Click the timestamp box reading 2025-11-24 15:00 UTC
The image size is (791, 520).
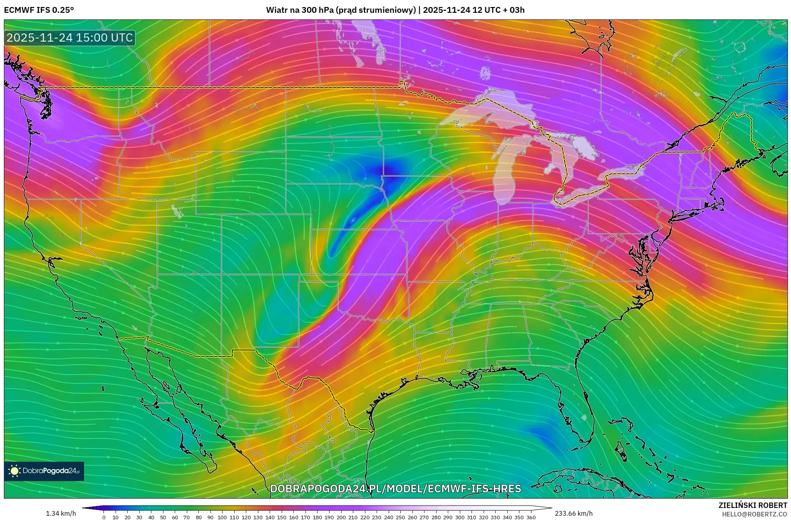pos(70,38)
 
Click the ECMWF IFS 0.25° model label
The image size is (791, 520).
pos(39,10)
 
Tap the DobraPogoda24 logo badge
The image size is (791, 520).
pos(44,471)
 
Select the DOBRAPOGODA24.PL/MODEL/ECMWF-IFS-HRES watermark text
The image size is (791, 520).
pos(395,489)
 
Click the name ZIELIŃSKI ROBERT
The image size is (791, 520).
pos(752,505)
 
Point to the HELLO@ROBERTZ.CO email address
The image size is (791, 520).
pos(754,514)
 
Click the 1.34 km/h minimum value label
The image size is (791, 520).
pos(61,513)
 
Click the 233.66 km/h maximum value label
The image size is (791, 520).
pos(574,513)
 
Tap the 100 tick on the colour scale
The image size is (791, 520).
pos(222,517)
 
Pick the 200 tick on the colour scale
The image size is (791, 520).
pos(341,517)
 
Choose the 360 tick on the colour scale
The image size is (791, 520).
pos(531,517)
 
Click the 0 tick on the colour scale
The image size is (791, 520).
pos(103,517)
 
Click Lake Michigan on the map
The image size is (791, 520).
pos(505,175)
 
